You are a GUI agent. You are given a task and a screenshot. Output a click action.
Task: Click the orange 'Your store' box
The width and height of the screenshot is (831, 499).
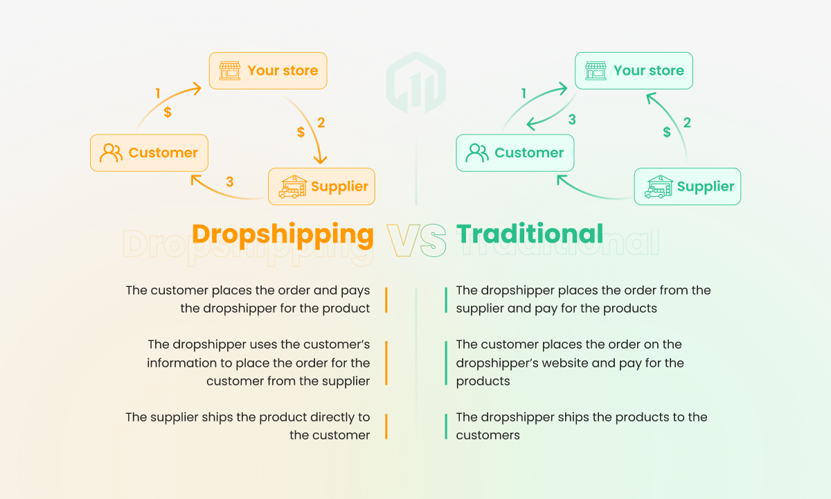[268, 71]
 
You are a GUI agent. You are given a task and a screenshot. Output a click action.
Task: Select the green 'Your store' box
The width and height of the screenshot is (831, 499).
[634, 71]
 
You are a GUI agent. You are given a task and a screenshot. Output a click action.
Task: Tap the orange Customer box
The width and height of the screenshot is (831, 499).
[149, 153]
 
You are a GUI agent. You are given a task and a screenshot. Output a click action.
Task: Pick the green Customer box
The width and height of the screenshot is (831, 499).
[515, 153]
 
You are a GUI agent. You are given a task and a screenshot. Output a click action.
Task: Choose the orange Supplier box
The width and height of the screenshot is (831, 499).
[321, 186]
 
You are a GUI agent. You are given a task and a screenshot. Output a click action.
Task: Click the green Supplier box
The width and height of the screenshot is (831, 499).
[688, 186]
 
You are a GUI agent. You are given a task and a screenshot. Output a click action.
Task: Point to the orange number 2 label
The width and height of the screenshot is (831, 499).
[321, 123]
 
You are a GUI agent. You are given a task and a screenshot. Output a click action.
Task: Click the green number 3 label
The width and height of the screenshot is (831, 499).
[572, 119]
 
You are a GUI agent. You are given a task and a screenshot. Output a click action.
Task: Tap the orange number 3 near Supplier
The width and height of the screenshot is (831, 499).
[230, 182]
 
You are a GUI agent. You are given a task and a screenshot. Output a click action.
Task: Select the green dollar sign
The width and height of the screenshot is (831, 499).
[667, 132]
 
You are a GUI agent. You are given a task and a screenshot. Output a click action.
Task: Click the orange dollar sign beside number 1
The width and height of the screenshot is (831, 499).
[168, 112]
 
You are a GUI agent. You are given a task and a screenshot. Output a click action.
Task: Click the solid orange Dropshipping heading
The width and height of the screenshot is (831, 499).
[283, 236]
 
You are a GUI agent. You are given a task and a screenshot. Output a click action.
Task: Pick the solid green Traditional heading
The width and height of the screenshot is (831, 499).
[529, 234]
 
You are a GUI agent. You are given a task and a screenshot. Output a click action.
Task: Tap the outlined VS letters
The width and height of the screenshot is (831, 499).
[416, 240]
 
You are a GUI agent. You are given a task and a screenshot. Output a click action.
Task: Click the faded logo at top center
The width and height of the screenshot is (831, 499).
[416, 82]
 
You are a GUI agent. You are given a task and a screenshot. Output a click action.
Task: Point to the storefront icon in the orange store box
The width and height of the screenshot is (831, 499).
[230, 71]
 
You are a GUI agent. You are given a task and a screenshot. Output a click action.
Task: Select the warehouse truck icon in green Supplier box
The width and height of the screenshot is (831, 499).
[659, 186]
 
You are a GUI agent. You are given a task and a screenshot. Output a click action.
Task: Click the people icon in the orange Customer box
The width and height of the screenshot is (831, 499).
[111, 153]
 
